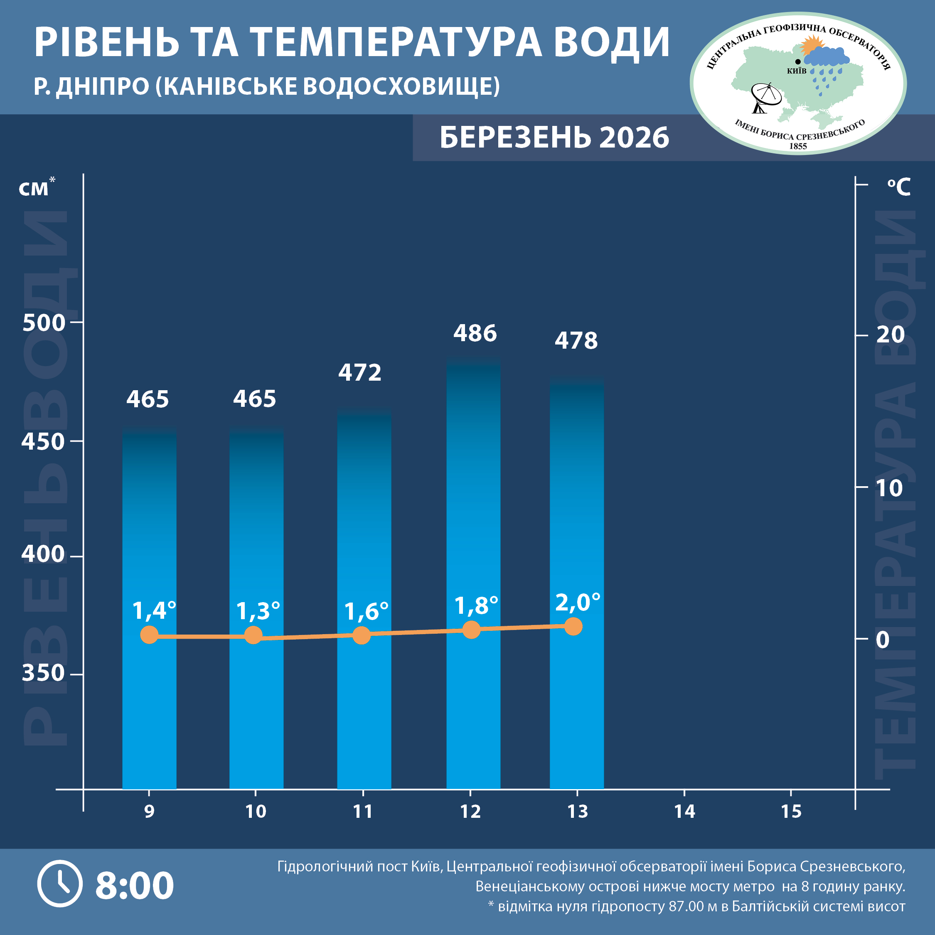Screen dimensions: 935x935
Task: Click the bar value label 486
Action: point(475,333)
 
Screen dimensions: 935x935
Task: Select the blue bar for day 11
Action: point(364,581)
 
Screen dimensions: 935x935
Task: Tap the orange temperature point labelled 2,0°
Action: point(573,626)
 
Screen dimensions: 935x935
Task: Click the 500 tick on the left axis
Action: point(44,322)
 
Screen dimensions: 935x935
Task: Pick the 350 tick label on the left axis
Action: point(44,673)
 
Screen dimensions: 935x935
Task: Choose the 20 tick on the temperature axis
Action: point(890,335)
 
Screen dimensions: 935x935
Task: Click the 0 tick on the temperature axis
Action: point(883,640)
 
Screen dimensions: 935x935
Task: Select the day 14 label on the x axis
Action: point(684,812)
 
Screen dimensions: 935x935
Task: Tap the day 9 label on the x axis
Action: point(149,812)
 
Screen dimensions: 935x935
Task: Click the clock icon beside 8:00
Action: point(60,884)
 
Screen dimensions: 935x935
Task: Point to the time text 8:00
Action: point(135,886)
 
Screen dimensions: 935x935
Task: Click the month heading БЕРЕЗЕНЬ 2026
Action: point(554,138)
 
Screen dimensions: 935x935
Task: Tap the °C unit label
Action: point(899,187)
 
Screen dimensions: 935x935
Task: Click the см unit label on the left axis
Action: point(34,189)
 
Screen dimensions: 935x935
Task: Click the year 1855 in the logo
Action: point(798,146)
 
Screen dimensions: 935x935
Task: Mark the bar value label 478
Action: point(576,341)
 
